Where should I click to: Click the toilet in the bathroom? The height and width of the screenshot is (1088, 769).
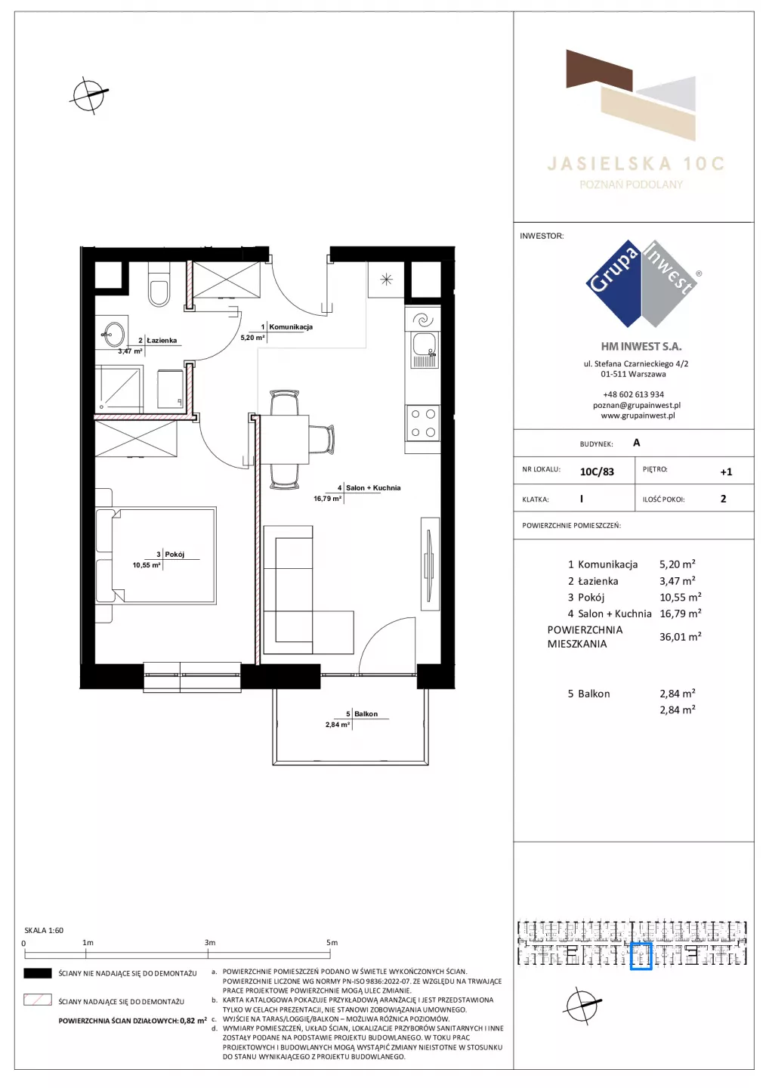point(159,286)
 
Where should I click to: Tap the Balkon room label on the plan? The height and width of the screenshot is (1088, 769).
point(366,713)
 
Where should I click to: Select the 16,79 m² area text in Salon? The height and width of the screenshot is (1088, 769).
point(327,499)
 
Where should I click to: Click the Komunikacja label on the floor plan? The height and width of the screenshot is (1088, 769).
point(290,327)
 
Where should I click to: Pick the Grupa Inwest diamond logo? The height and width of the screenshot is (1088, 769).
point(642,283)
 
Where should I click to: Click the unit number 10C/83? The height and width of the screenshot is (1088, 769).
point(597,471)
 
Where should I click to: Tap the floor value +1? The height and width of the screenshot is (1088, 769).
point(726,471)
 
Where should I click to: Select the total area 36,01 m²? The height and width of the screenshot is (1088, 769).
point(680,637)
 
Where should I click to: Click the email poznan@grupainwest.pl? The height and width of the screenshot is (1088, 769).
point(637,405)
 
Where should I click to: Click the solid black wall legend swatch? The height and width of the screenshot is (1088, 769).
point(37,973)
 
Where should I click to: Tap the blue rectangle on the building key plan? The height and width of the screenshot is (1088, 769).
point(641,957)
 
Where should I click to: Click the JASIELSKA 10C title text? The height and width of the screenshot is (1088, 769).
point(636,164)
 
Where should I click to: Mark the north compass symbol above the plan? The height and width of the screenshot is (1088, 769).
point(89,95)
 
